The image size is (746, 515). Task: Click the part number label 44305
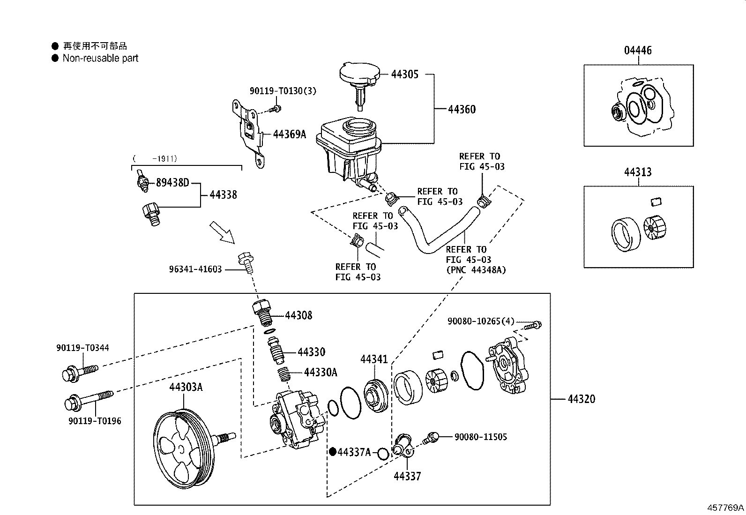click(x=404, y=74)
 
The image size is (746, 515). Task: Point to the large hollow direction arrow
click(x=222, y=232)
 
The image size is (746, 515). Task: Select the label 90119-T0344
click(x=82, y=348)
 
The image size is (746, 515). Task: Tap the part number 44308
click(x=298, y=315)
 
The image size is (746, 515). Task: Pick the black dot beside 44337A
click(x=333, y=452)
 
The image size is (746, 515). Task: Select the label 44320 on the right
click(x=581, y=399)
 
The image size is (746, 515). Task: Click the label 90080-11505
click(x=481, y=437)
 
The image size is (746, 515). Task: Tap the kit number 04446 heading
click(x=637, y=50)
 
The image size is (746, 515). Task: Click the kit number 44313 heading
click(x=637, y=172)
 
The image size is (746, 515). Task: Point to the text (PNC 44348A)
click(x=476, y=270)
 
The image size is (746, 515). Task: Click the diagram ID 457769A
click(x=725, y=508)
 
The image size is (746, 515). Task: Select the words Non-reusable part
click(x=100, y=58)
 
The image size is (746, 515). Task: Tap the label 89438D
click(x=172, y=182)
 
